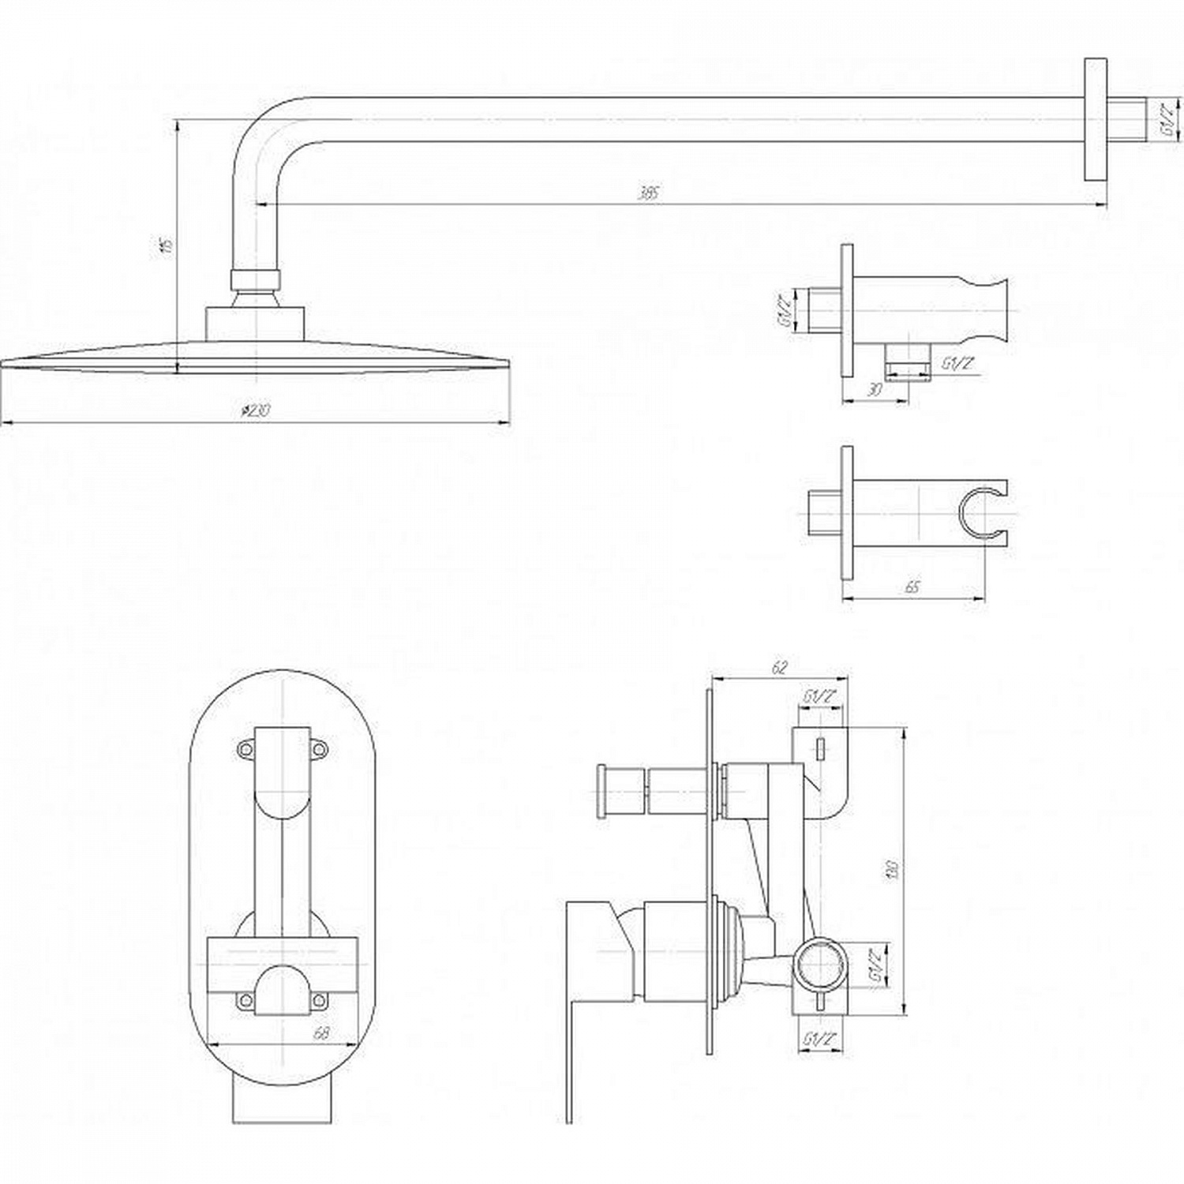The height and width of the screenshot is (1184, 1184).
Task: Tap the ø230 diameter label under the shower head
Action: (x=254, y=410)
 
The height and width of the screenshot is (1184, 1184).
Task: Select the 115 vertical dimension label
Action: (x=166, y=245)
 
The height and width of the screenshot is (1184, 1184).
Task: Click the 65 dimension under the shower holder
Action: (x=912, y=588)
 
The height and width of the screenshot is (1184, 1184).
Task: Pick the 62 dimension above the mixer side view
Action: (x=779, y=668)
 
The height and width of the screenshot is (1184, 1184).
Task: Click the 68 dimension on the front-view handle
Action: (x=321, y=1032)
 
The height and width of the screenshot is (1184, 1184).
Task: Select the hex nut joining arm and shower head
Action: (x=256, y=279)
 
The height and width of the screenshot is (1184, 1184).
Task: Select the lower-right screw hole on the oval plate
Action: (x=318, y=1001)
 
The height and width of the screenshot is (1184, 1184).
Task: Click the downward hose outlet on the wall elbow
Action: (x=906, y=362)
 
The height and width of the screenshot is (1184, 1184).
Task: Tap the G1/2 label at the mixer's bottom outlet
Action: (x=819, y=1040)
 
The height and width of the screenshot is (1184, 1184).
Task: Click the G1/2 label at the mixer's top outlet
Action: (x=819, y=697)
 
